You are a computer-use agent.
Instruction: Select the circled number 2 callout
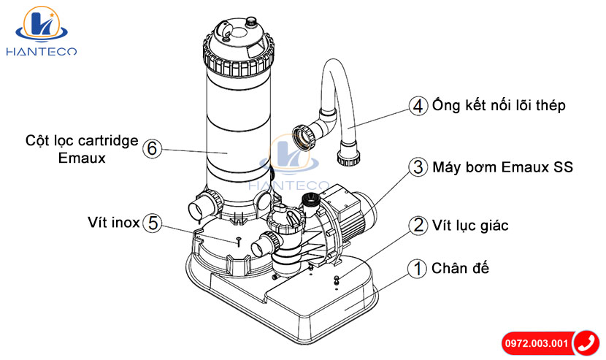click(418, 225)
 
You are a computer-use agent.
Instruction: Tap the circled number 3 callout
click(418, 167)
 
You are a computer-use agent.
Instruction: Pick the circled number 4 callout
click(418, 106)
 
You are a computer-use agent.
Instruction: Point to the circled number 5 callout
click(152, 222)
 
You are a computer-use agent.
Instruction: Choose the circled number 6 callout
click(152, 148)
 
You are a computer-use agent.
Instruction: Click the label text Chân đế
click(460, 268)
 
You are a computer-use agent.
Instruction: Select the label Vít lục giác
click(470, 225)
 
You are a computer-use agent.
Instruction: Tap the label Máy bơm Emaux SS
click(502, 167)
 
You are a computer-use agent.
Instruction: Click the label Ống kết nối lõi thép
click(498, 106)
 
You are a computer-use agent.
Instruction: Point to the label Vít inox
click(113, 222)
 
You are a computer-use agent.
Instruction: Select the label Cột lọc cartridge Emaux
click(81, 148)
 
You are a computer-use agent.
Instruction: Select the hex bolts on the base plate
click(337, 280)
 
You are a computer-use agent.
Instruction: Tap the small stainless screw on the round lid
click(239, 237)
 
